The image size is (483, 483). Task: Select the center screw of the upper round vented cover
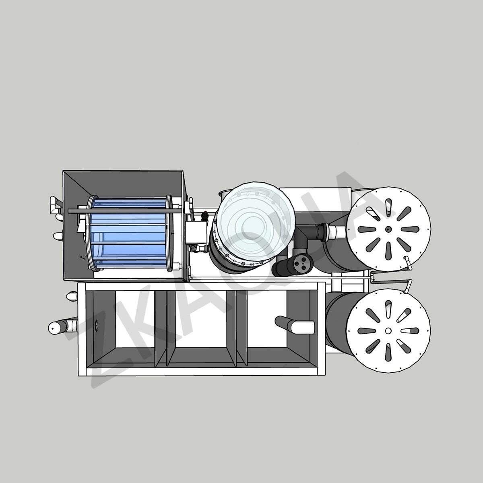tap(388, 229)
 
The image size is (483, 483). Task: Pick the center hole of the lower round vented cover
tap(388, 330)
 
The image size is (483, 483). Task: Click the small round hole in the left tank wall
tap(97, 324)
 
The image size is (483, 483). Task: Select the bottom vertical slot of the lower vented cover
tap(388, 353)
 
